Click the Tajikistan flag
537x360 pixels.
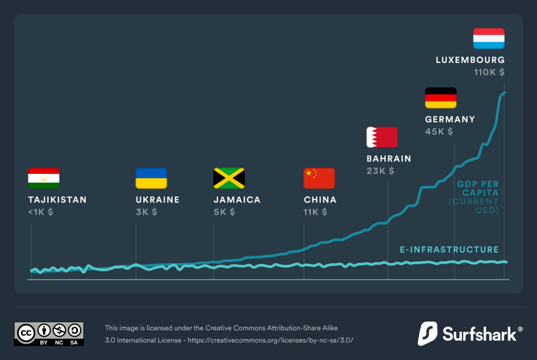(x=44, y=178)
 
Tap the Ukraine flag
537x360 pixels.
(x=151, y=178)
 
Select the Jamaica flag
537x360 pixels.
(x=229, y=178)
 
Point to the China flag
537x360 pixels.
(x=319, y=178)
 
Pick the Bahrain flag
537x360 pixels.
(x=382, y=137)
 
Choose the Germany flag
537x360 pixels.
(x=440, y=97)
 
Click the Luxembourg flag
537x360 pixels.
(x=489, y=38)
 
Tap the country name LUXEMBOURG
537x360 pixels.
(x=470, y=60)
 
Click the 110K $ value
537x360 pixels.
(x=489, y=72)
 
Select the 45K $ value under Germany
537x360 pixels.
(x=439, y=131)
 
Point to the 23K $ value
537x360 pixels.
(x=380, y=171)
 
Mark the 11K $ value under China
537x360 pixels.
(x=315, y=212)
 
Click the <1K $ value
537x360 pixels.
(x=40, y=212)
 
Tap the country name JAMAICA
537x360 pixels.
(x=237, y=200)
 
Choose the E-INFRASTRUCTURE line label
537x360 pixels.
(x=449, y=250)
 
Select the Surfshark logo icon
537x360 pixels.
(x=427, y=334)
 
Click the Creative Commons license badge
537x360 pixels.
(x=49, y=334)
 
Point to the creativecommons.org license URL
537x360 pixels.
(x=270, y=340)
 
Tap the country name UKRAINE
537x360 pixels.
(x=158, y=200)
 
